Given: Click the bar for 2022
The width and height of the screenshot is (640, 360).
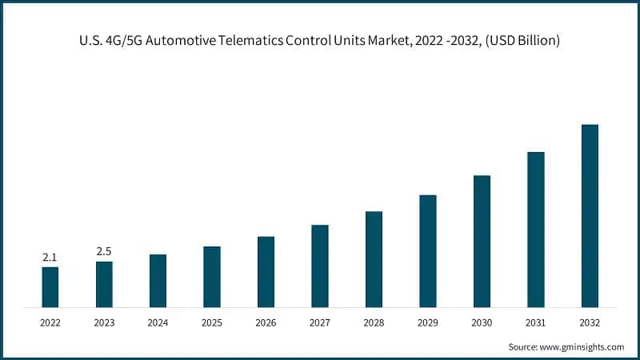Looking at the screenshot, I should [50, 287].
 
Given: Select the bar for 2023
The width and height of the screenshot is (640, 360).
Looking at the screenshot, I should [104, 284].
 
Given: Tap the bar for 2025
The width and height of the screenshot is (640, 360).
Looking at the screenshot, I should [212, 277].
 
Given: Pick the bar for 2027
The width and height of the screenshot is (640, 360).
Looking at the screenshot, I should [320, 266].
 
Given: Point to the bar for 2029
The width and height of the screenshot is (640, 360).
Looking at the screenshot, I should [428, 251].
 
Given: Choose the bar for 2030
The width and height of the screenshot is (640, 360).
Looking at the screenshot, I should [482, 242].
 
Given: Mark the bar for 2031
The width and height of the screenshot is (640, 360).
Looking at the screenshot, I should [536, 230].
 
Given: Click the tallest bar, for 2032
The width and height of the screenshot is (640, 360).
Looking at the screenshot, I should [590, 216].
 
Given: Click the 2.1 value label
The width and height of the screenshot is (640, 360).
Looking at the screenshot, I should [50, 257].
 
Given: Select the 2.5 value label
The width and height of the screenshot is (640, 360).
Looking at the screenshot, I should [104, 251].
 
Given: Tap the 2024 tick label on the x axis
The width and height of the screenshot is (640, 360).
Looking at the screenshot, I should [158, 323].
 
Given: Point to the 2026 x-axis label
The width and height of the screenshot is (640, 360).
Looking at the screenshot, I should [266, 323].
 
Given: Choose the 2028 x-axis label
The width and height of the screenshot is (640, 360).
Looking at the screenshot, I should [374, 323].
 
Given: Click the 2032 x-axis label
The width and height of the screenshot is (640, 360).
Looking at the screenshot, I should [590, 323].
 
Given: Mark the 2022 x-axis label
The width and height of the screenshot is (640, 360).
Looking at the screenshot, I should [50, 323].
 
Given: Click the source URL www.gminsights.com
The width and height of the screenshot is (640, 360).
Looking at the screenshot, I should [582, 346].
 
